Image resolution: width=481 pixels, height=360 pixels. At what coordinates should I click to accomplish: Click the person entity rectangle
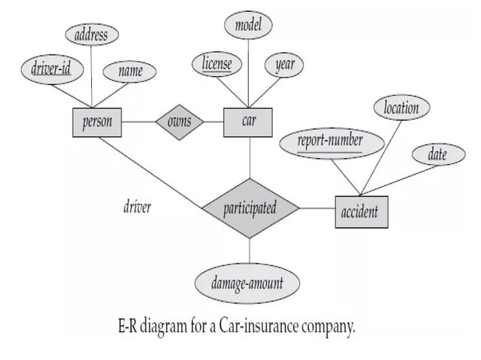(x=97, y=122)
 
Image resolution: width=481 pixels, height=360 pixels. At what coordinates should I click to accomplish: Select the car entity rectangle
(x=248, y=122)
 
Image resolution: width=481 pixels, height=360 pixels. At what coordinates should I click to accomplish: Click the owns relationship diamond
(x=179, y=122)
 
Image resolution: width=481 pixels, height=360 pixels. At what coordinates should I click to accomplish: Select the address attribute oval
(x=91, y=35)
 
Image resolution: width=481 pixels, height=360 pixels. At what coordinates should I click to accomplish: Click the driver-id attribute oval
(x=51, y=69)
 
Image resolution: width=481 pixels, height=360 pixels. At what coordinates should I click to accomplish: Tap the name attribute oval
(x=131, y=72)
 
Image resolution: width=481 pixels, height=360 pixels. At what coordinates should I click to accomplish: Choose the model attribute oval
(x=248, y=25)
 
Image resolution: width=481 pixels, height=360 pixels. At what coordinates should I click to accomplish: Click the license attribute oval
(x=216, y=64)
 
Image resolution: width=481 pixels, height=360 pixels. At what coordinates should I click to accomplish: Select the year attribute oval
(x=285, y=65)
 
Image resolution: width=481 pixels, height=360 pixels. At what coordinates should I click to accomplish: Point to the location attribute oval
(x=401, y=108)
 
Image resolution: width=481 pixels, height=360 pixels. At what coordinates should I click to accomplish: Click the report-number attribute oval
(x=330, y=141)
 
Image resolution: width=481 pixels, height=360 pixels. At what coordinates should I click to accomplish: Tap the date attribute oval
(x=437, y=155)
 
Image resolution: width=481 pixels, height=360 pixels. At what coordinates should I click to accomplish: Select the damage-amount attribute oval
(x=248, y=284)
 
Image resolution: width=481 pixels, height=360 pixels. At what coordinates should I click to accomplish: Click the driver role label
(x=137, y=206)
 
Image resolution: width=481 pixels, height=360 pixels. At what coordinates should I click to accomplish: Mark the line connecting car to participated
(x=249, y=158)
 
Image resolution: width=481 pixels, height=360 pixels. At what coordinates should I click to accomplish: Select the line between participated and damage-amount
(x=249, y=251)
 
